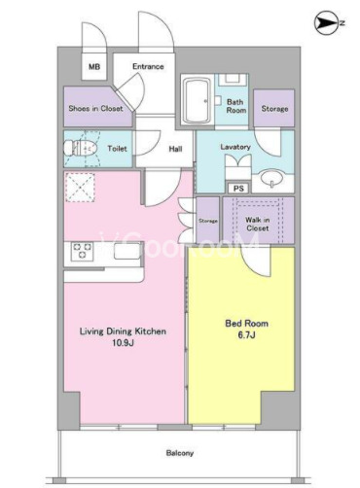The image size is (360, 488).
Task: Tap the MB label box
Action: (x=94, y=66)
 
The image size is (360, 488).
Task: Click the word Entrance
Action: (x=148, y=66)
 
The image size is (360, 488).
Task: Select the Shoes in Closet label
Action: (x=95, y=108)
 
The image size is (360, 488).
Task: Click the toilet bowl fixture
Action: (x=81, y=149)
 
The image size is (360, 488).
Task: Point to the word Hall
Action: (x=175, y=149)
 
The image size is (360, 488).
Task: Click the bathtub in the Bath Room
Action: (x=197, y=100)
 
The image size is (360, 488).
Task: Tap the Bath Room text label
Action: (x=235, y=106)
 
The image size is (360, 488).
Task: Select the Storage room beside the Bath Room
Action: (x=274, y=108)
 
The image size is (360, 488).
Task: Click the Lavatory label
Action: (x=235, y=147)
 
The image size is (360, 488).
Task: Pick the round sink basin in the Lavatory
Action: (x=272, y=178)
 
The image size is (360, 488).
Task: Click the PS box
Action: (x=238, y=188)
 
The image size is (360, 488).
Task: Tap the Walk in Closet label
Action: (x=257, y=224)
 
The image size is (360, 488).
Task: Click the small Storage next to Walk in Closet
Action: (x=208, y=221)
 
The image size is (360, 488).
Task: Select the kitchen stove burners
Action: (x=82, y=251)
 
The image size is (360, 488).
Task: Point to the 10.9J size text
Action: (x=123, y=343)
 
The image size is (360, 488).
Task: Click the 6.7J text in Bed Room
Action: (x=246, y=335)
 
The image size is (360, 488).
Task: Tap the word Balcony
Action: (x=180, y=453)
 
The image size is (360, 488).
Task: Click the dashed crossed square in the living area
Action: (x=80, y=188)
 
